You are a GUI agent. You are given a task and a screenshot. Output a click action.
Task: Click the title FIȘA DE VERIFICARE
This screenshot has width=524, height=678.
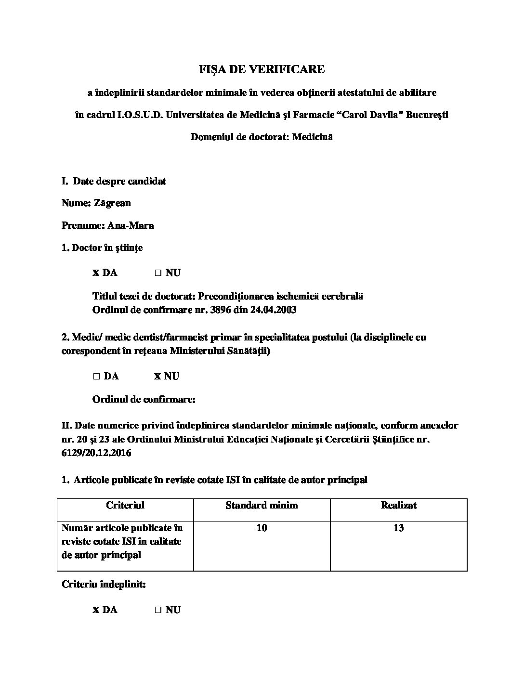point(262,69)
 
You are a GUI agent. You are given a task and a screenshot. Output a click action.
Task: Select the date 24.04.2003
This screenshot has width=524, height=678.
point(273,310)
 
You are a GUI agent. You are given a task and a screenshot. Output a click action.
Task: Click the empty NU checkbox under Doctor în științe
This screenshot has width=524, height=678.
point(157,273)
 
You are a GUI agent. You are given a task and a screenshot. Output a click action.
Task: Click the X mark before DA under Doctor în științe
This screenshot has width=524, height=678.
point(96,273)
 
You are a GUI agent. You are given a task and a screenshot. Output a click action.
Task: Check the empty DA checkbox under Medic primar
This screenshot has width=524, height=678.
point(96,377)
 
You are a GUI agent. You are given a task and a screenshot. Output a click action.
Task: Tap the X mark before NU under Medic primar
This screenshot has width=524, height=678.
point(157,377)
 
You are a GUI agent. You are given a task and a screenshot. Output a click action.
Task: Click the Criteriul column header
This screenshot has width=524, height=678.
point(125,505)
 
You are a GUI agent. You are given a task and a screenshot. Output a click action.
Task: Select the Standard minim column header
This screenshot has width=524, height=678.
point(262,505)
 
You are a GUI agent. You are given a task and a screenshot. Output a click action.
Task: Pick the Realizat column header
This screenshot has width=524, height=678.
point(398,505)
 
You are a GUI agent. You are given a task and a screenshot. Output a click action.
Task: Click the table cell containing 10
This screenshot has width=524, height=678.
point(262,528)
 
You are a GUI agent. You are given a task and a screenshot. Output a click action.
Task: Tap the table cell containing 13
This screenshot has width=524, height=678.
point(398,528)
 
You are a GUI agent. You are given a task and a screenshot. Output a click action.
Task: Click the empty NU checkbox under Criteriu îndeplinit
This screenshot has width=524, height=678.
point(157,610)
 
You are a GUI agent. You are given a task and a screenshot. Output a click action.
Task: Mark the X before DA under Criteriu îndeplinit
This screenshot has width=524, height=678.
point(96,610)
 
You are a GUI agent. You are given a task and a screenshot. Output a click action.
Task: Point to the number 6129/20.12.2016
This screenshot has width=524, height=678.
point(96,453)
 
